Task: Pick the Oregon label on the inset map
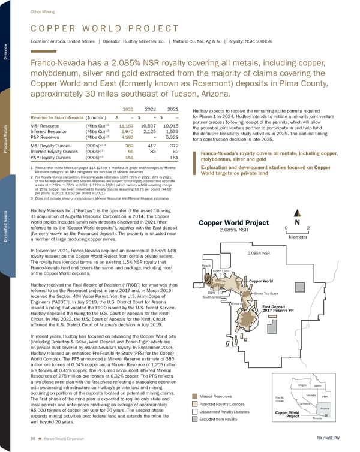(x=304, y=384)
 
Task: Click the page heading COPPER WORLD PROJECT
(x=97, y=29)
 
